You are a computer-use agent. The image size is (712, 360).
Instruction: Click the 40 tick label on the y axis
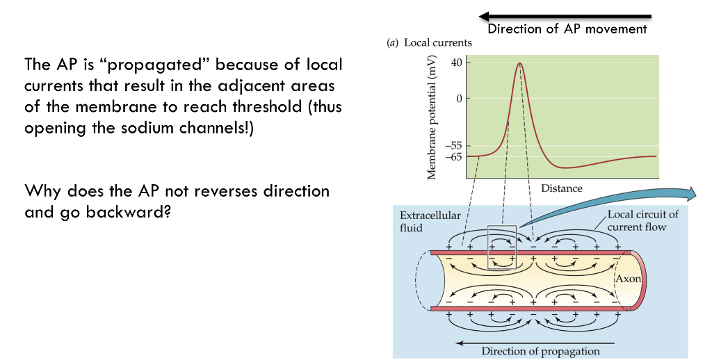[455, 63]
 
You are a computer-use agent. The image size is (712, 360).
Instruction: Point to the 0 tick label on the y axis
[458, 98]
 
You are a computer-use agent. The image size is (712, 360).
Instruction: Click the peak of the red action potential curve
[519, 63]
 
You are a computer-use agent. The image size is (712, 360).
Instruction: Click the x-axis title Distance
[561, 188]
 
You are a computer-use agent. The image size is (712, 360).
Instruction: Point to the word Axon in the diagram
[629, 279]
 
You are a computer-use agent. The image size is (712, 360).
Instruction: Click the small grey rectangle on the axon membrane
[503, 245]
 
